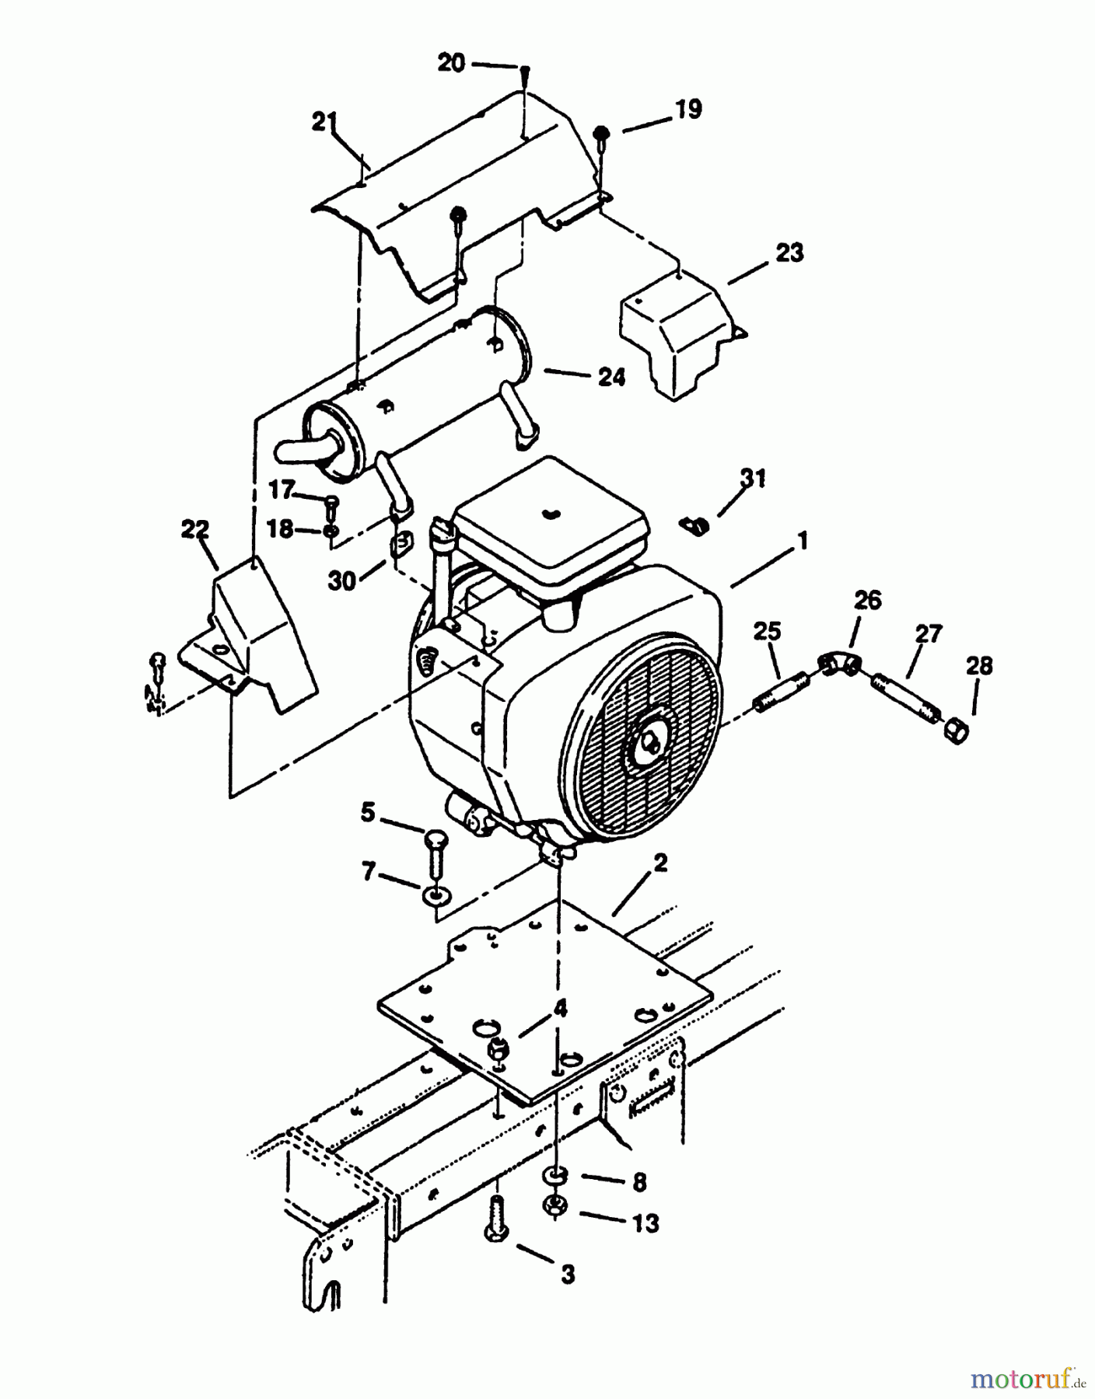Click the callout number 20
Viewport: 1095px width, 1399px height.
point(451,62)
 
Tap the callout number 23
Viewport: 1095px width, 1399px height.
point(789,253)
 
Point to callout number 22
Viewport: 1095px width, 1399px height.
point(195,530)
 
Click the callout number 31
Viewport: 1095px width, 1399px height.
point(752,478)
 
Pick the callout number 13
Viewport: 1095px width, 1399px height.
point(645,1223)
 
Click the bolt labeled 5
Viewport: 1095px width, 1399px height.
point(435,856)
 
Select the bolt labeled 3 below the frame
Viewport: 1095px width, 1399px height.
point(497,1225)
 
